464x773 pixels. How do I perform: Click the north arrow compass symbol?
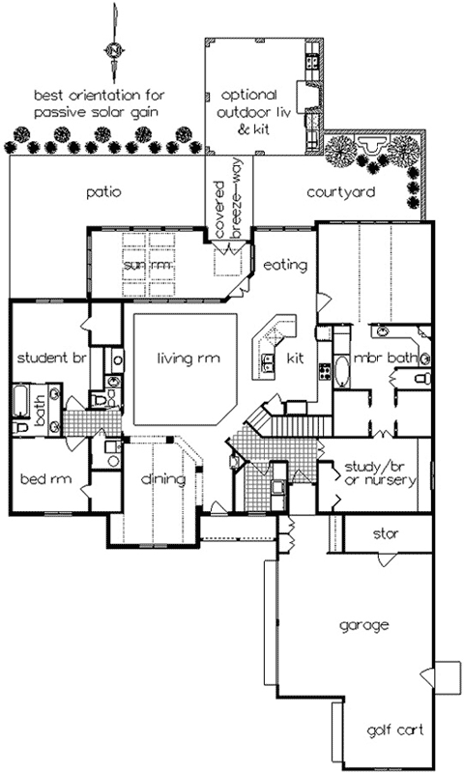[x=114, y=48]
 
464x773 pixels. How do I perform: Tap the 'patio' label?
[x=101, y=191]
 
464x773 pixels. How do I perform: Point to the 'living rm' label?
[x=189, y=358]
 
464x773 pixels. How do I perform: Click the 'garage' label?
[x=363, y=625]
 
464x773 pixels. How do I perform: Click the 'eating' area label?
[x=284, y=265]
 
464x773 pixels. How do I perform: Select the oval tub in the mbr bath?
[x=344, y=369]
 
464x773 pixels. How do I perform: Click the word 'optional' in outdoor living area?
[x=249, y=95]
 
